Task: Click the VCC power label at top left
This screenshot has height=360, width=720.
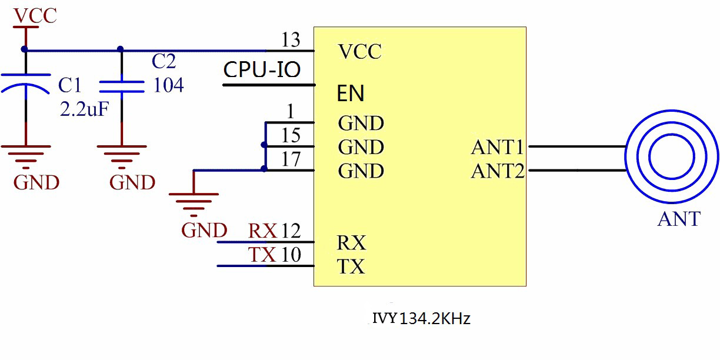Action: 35,15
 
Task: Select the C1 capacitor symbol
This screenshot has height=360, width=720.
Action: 25,83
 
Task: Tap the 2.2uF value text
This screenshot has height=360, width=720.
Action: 84,109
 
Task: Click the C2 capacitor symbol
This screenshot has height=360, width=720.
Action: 121,87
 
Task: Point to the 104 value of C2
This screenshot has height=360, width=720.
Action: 168,86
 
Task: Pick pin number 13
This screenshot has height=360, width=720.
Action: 291,41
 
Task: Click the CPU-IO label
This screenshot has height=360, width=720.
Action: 262,70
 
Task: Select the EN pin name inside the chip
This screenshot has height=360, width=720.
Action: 351,94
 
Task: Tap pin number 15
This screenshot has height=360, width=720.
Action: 291,135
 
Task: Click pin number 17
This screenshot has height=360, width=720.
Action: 291,159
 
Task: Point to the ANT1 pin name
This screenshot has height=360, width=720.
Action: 498,147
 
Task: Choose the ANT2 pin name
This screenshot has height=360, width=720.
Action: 498,172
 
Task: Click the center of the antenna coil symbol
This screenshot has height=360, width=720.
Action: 671,158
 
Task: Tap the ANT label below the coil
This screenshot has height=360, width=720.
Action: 679,219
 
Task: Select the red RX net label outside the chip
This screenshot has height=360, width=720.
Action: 262,231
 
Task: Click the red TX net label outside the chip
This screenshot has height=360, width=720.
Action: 262,255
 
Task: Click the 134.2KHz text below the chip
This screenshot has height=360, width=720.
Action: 435,319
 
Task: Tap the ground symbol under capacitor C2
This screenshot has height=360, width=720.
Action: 121,154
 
